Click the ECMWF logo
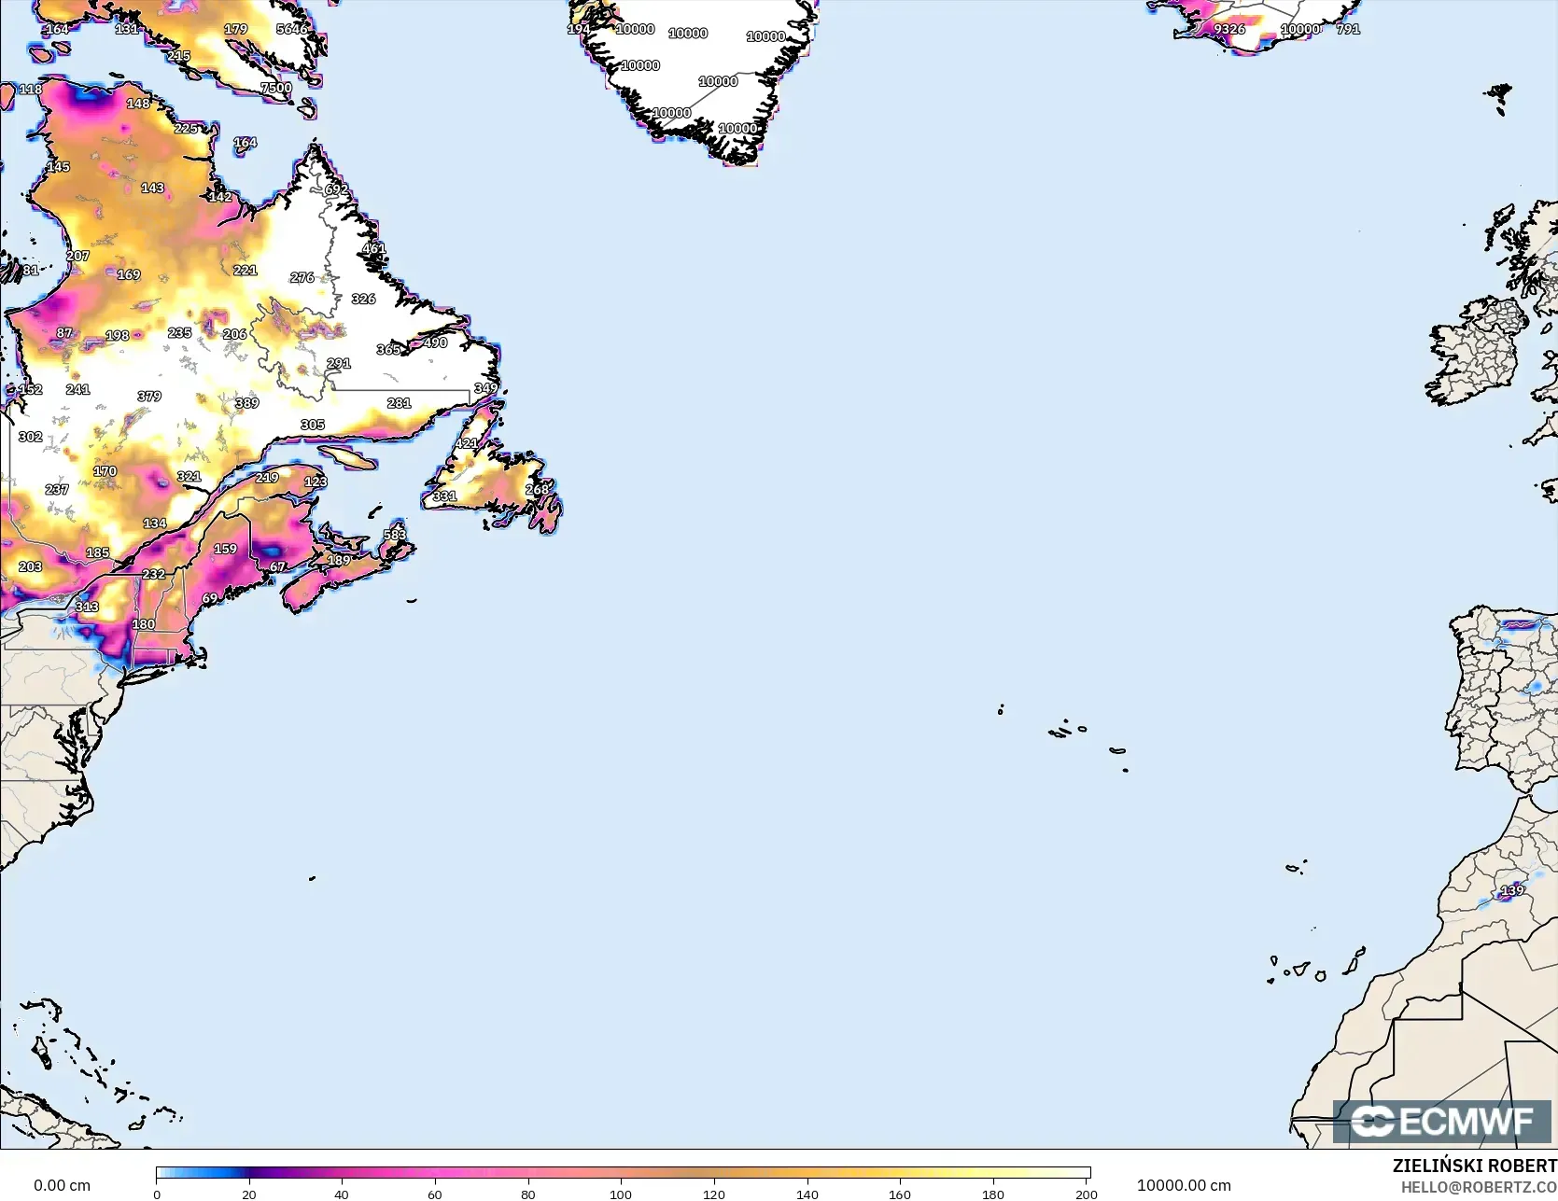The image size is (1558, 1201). (x=1441, y=1122)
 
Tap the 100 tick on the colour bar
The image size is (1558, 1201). (x=621, y=1194)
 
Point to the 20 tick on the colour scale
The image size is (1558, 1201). (x=249, y=1194)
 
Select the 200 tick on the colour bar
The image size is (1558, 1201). (x=1086, y=1194)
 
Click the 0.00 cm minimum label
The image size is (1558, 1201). (x=63, y=1186)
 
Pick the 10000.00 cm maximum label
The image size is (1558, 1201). (x=1184, y=1186)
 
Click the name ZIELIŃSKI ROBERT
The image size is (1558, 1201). (x=1474, y=1166)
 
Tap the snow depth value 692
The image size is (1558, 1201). (x=336, y=189)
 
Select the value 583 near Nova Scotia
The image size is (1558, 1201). (x=395, y=535)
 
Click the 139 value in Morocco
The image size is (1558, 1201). (x=1512, y=890)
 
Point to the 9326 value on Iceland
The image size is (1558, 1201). (x=1229, y=29)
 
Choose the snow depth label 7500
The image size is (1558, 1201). (x=276, y=88)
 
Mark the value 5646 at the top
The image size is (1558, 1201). (x=292, y=29)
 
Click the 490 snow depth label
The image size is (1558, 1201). (x=435, y=342)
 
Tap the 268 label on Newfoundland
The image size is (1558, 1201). (x=538, y=490)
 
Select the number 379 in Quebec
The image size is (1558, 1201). (x=149, y=396)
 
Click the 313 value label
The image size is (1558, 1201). (x=87, y=607)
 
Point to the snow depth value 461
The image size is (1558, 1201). (x=373, y=248)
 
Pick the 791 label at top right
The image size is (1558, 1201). (x=1348, y=29)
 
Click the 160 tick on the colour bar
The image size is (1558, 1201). (x=900, y=1194)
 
